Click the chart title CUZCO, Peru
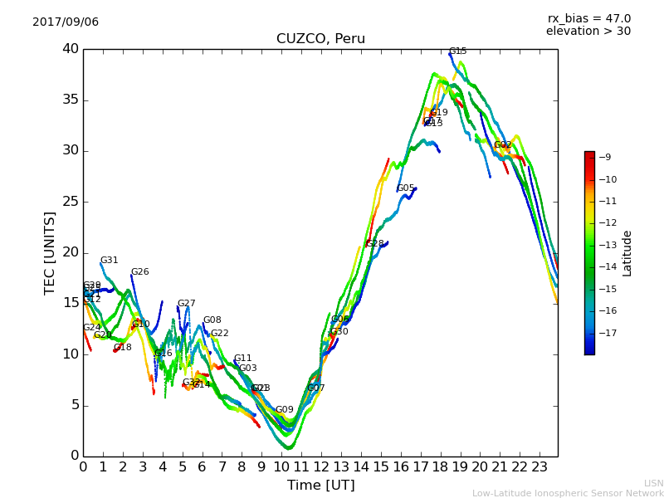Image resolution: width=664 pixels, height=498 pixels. click(320, 39)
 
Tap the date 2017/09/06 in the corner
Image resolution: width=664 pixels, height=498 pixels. click(66, 22)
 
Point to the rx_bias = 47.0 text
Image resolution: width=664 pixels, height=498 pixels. click(588, 19)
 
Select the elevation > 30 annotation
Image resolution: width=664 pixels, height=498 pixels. click(588, 32)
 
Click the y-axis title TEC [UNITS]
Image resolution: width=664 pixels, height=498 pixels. click(50, 252)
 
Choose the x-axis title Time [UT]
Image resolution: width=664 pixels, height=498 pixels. click(320, 486)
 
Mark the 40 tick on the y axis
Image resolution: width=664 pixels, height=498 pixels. click(70, 49)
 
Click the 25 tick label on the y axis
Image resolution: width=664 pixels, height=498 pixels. click(70, 202)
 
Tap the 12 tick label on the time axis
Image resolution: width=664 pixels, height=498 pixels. click(321, 467)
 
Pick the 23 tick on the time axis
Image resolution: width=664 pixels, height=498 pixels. click(539, 467)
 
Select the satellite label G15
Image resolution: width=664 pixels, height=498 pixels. click(457, 51)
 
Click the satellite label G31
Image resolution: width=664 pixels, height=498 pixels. click(109, 261)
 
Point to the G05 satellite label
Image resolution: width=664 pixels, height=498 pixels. click(406, 188)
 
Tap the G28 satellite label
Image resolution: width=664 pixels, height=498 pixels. click(375, 244)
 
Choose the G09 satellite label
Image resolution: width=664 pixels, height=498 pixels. click(284, 410)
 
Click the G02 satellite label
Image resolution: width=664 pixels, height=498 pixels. click(502, 145)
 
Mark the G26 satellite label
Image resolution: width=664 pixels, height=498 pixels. click(139, 272)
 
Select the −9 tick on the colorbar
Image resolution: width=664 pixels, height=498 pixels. click(605, 157)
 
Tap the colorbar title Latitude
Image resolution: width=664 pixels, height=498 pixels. click(627, 253)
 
